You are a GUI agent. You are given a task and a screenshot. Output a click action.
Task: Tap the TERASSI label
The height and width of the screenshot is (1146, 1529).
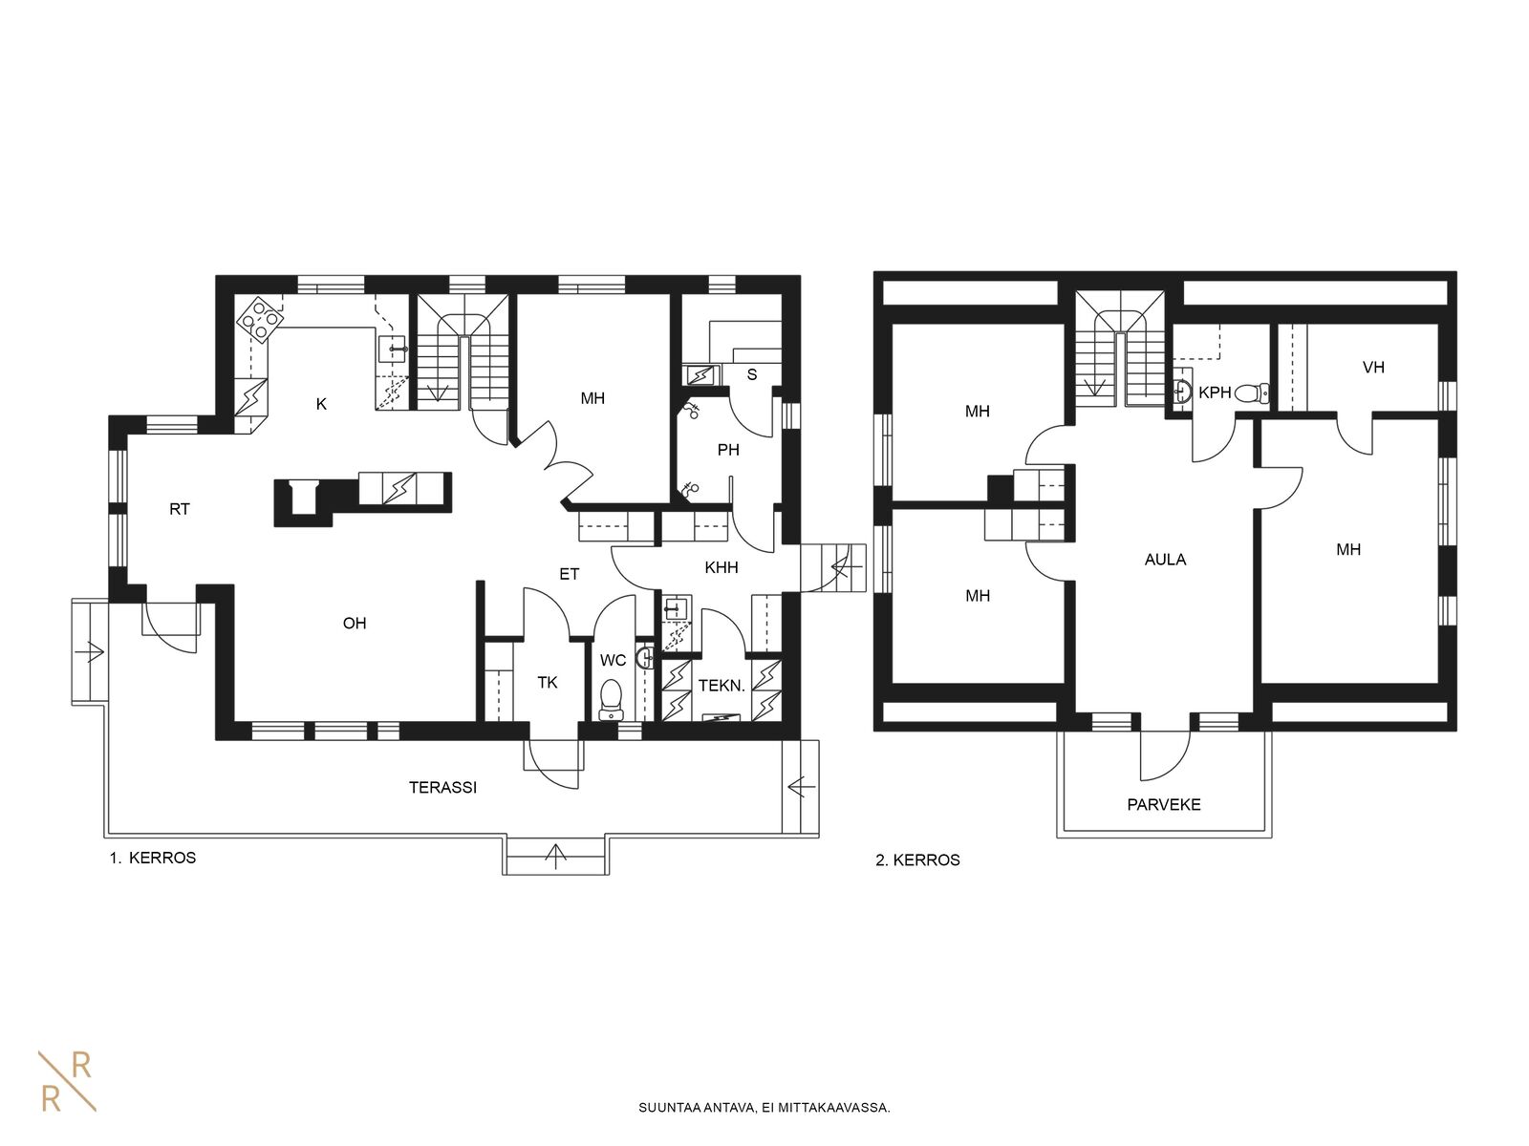(442, 788)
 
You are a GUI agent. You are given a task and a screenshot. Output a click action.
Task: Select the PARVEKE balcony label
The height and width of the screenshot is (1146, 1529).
(1164, 805)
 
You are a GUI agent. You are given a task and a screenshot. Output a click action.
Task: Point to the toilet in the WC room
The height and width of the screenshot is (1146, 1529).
(611, 699)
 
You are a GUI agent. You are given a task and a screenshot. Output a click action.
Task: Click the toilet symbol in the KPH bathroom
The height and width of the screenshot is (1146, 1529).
(1252, 393)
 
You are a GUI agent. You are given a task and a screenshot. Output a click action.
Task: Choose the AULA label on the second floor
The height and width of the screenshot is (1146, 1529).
(1165, 560)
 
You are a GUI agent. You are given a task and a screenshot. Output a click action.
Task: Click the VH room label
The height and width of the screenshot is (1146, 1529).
(1373, 368)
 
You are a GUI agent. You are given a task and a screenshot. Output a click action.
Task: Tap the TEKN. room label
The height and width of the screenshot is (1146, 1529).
(721, 686)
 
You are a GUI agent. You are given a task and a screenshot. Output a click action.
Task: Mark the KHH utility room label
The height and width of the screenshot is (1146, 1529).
(721, 568)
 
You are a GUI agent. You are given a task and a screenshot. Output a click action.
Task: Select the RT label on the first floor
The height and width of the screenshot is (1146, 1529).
(179, 509)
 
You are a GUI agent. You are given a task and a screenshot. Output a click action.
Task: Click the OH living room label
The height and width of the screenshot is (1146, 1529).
(354, 624)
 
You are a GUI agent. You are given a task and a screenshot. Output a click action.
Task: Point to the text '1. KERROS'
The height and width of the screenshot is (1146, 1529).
(153, 858)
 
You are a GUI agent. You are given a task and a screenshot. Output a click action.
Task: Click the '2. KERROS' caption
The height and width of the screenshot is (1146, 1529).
(917, 860)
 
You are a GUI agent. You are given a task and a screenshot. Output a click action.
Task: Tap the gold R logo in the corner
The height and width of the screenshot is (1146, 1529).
(67, 1081)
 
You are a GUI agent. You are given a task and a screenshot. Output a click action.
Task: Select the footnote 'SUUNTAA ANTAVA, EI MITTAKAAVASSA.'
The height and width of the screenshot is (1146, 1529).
(764, 1108)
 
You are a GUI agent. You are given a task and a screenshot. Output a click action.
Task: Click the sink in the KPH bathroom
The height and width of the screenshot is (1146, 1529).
(1182, 391)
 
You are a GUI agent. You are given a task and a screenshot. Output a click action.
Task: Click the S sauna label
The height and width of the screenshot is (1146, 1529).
(752, 375)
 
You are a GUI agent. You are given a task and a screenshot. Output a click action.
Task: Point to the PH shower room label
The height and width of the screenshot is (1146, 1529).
(728, 450)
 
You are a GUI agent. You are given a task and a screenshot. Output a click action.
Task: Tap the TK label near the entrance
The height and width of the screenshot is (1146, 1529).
(548, 683)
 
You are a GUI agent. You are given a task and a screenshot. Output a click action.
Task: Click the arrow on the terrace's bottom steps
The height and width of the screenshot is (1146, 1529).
(555, 856)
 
